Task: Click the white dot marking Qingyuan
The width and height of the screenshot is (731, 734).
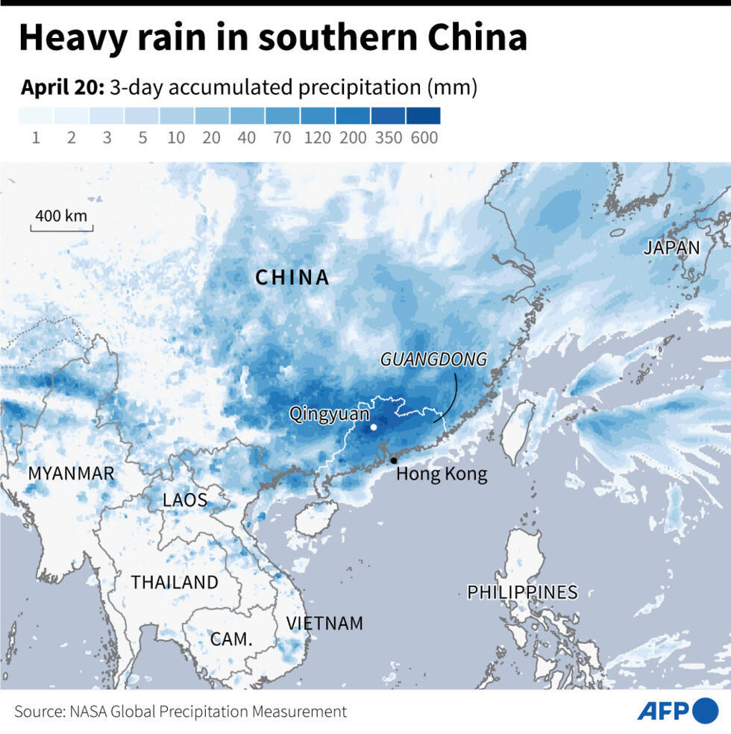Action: click(373, 427)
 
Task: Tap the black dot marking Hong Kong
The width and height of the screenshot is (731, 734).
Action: click(393, 460)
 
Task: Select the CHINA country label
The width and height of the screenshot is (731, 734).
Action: click(292, 277)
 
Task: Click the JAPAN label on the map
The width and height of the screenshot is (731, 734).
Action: click(671, 248)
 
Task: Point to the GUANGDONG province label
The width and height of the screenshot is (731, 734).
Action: click(433, 360)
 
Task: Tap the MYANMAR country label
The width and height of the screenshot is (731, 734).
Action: click(71, 473)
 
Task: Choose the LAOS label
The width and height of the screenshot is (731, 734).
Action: click(185, 500)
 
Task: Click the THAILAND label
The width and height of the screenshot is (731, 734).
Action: click(175, 582)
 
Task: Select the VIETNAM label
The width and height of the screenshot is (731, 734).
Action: click(324, 623)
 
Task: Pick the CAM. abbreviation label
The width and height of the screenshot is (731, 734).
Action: click(230, 639)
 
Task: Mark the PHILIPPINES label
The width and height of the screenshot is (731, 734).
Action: click(522, 592)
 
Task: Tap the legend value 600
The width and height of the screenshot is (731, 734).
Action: click(424, 138)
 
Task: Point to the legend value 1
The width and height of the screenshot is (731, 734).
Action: click(36, 138)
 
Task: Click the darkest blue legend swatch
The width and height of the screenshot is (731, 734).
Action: click(423, 116)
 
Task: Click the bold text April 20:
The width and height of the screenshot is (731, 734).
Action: click(62, 87)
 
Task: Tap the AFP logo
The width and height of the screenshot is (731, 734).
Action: click(677, 711)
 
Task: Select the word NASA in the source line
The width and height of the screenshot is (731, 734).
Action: click(88, 712)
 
